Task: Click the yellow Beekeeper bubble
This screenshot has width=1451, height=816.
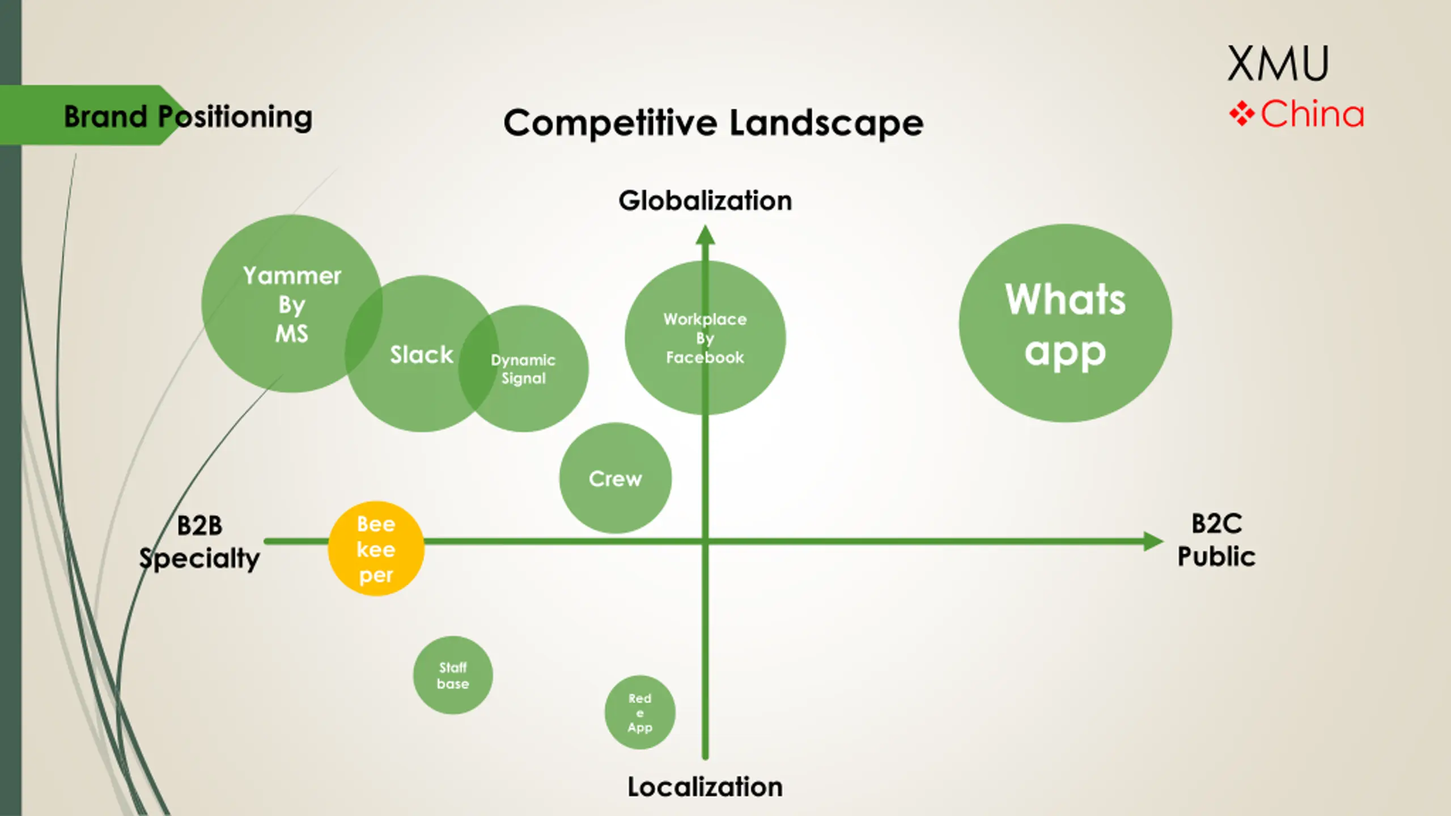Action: [x=376, y=549]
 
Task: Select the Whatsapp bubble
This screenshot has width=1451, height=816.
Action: [x=1065, y=323]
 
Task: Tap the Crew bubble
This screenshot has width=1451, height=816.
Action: [x=615, y=478]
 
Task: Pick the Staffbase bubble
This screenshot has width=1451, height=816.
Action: [x=453, y=675]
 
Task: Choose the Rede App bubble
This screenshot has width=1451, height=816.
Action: [x=640, y=712]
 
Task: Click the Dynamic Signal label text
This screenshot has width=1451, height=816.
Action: [x=523, y=369]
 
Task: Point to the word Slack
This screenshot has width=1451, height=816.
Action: [x=421, y=355]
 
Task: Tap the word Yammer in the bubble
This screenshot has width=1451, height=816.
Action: [x=292, y=276]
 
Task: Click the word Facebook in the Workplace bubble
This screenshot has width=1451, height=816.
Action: [x=705, y=358]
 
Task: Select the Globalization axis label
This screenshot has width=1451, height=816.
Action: [x=705, y=201]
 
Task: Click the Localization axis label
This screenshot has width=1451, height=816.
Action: [x=705, y=787]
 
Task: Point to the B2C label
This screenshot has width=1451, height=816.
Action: [x=1216, y=524]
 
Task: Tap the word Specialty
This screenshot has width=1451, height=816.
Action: [x=200, y=559]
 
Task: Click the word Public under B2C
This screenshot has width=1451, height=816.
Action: [x=1216, y=556]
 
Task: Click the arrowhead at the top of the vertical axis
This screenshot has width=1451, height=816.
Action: [x=705, y=235]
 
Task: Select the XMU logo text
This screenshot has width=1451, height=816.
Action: [x=1278, y=63]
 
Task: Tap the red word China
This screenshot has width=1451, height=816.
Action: [x=1312, y=114]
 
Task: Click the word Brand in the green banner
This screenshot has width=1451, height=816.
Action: [x=105, y=117]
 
